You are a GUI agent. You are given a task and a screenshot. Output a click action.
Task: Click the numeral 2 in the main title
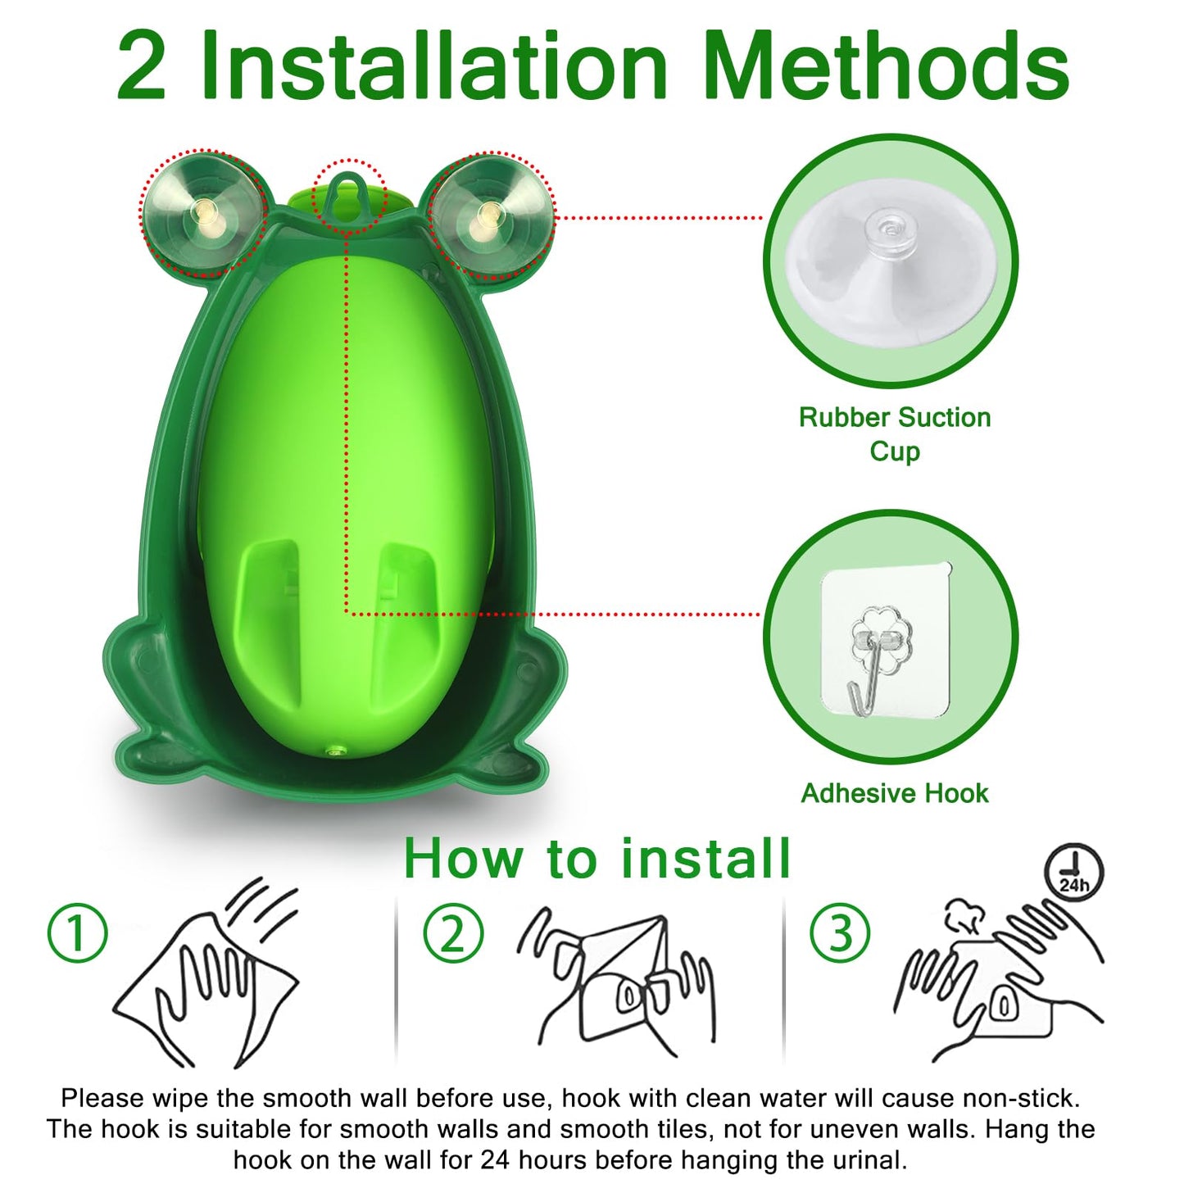[141, 67]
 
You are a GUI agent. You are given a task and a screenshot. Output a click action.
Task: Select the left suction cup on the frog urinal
[202, 211]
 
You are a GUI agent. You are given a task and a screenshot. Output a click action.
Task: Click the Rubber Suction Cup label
[894, 433]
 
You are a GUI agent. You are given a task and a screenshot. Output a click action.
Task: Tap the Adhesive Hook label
[894, 793]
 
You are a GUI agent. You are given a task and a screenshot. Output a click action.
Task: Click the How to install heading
[597, 859]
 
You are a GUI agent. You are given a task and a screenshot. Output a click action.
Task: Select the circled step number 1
[78, 932]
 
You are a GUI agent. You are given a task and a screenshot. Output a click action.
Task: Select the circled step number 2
[453, 932]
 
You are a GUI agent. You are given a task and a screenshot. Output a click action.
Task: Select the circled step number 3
[840, 932]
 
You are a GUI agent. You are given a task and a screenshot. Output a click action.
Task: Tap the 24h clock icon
[1073, 873]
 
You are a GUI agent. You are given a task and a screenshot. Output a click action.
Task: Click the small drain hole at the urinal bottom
[334, 748]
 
